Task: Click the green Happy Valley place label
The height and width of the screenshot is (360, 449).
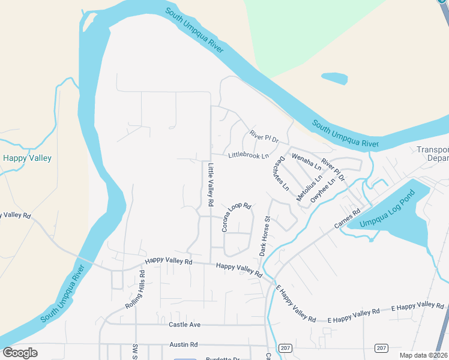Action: (27, 158)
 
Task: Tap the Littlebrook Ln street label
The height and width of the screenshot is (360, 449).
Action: (249, 156)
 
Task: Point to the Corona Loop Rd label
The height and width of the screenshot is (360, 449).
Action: (235, 217)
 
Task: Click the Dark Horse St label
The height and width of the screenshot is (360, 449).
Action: (265, 236)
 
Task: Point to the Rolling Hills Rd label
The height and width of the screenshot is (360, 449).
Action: (134, 290)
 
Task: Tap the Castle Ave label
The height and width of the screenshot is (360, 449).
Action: (184, 325)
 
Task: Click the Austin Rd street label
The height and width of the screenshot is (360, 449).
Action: (183, 345)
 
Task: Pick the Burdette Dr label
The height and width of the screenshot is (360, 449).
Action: (222, 358)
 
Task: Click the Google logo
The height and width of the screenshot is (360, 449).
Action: (20, 353)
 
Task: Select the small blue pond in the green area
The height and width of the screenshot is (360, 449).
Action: (334, 78)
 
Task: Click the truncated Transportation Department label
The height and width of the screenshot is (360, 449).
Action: (433, 154)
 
